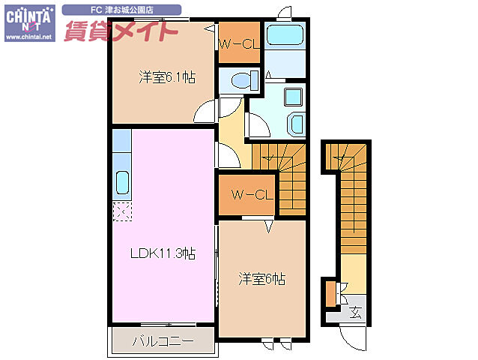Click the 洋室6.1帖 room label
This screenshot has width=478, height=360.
166,76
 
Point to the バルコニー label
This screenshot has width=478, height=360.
163,340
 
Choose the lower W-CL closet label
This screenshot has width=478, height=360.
249,195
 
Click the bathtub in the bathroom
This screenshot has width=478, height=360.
284,37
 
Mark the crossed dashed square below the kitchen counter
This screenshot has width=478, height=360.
122,211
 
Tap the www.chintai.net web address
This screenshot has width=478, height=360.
28,37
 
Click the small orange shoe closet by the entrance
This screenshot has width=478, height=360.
330,293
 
